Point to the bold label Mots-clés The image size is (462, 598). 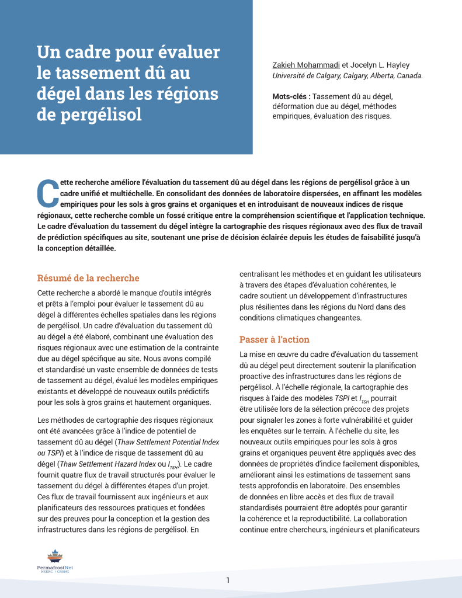290,96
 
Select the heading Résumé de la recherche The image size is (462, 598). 88,278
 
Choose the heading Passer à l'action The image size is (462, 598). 275,340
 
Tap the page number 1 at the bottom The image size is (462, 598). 228,580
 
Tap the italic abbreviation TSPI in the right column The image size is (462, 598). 342,398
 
